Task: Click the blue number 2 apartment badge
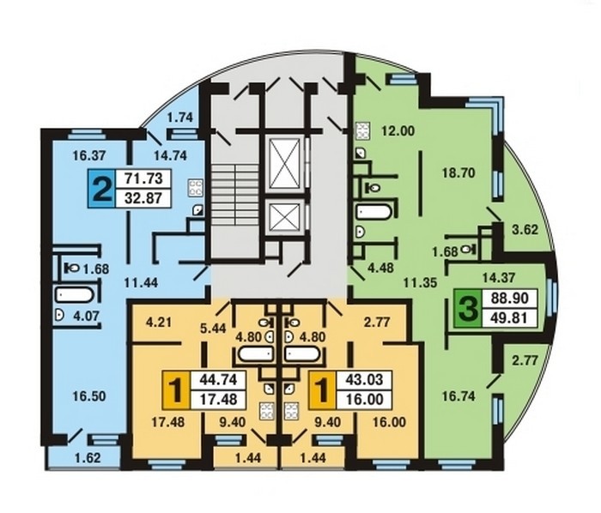(101, 189)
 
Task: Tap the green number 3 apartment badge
(468, 308)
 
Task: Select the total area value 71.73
(143, 178)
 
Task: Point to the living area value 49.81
(508, 317)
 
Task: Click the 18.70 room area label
(458, 173)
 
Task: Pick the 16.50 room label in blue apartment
(89, 396)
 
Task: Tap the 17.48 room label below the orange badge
(168, 422)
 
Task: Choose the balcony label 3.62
(525, 230)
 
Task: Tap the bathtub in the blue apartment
(75, 295)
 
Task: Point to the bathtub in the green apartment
(373, 212)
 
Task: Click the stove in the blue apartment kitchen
(195, 188)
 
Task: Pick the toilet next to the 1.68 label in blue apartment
(71, 268)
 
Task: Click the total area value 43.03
(364, 379)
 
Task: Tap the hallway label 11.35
(420, 282)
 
